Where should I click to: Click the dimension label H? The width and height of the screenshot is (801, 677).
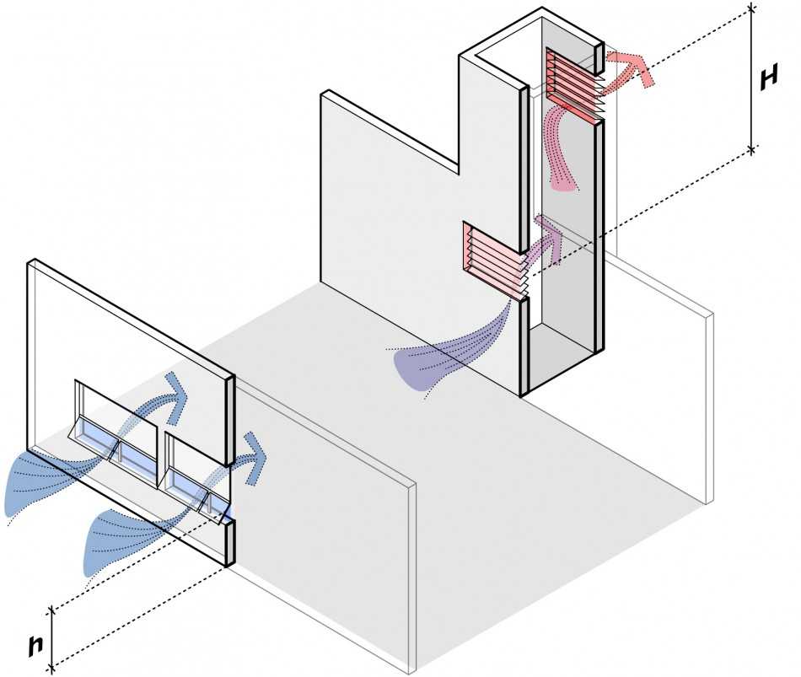pos(768,78)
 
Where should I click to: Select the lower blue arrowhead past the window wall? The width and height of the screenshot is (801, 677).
pos(254,456)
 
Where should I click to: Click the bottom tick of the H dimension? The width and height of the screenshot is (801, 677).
pos(751,149)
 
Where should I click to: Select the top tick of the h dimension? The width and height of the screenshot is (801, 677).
pos(51,610)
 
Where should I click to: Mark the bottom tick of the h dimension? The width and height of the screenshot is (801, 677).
pos(51,666)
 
